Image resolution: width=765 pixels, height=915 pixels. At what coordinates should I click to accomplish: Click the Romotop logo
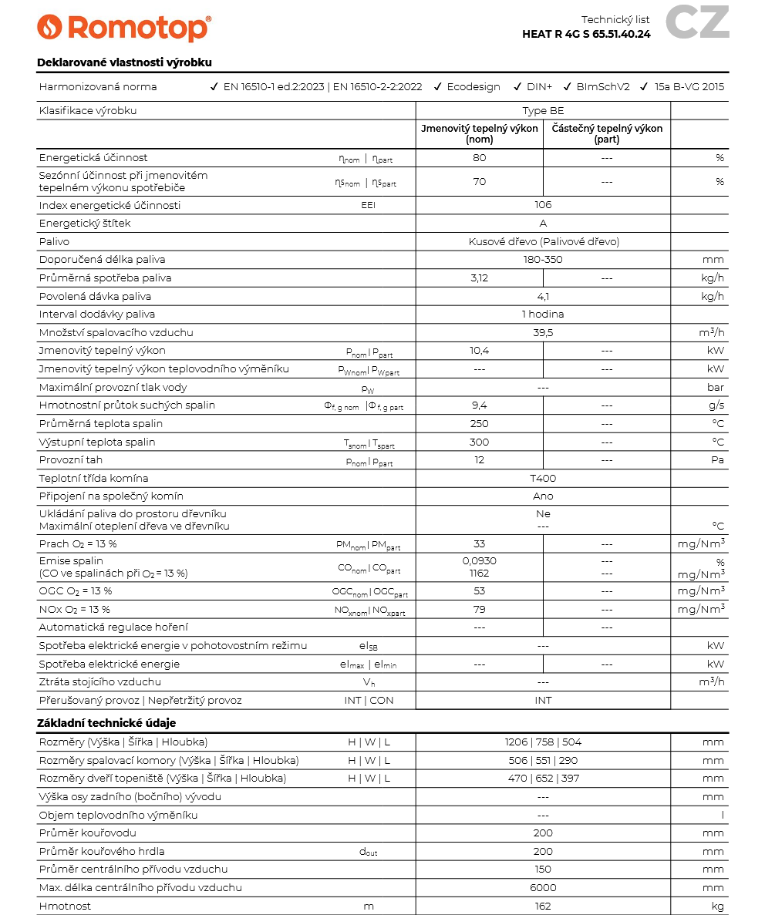[123, 28]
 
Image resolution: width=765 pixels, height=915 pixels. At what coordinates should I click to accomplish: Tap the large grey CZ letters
[696, 22]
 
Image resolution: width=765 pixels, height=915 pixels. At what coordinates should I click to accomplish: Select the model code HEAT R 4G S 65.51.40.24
[586, 34]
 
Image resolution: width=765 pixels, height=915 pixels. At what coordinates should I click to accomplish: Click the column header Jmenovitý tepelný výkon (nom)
[480, 134]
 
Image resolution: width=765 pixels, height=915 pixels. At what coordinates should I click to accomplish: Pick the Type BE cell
[543, 111]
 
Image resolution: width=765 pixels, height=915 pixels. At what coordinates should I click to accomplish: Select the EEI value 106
[543, 205]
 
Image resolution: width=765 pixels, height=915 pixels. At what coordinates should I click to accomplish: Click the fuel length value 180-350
[543, 260]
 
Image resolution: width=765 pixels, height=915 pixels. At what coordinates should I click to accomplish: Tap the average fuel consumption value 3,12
[480, 278]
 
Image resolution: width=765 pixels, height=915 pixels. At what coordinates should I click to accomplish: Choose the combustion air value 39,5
[543, 333]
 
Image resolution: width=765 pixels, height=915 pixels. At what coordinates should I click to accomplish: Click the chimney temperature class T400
[543, 479]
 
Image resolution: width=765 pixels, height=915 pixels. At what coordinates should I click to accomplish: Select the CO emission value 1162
[480, 574]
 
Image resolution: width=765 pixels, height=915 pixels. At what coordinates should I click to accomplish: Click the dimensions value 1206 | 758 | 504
[543, 742]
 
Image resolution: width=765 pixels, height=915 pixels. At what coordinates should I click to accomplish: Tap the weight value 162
[543, 907]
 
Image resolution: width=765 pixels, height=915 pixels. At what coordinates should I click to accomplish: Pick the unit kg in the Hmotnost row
[717, 907]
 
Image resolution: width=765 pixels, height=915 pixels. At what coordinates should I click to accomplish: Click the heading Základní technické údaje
[106, 723]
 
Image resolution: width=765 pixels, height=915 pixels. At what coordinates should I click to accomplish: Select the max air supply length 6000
[543, 888]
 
